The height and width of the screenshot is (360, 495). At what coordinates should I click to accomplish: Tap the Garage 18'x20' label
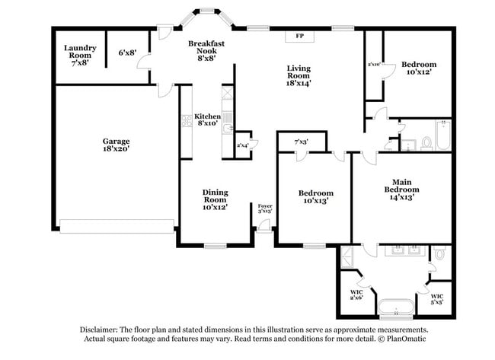pos(117,145)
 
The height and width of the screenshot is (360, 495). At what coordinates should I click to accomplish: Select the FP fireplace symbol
pos(299,36)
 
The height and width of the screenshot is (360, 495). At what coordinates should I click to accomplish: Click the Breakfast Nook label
pos(206,49)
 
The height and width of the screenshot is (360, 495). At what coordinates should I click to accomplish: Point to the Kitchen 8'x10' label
pos(203,119)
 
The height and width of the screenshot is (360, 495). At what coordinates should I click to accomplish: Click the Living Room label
pos(299,76)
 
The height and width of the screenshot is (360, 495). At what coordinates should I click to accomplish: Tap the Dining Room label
pos(215,199)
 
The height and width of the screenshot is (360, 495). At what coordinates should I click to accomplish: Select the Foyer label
pos(265,209)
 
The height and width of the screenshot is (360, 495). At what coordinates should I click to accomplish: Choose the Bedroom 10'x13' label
pos(315,197)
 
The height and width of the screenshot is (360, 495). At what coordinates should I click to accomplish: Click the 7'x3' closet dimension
pos(302,142)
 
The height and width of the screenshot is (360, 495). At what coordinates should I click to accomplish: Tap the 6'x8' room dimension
pos(127,53)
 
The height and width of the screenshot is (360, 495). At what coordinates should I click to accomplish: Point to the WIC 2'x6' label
pos(356,295)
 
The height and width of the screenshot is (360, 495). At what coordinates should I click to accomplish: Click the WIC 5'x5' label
pos(437,299)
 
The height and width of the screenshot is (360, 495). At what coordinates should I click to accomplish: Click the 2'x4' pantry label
pos(243,145)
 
